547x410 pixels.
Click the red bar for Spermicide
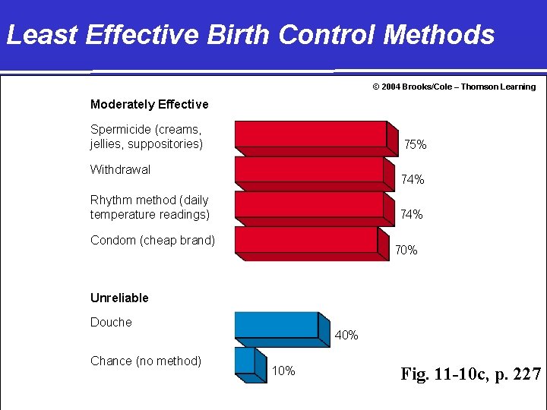311,134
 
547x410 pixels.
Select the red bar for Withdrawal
310,169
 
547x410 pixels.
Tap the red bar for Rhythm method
310,204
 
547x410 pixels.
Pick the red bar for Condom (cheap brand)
307,240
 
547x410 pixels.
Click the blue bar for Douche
277,324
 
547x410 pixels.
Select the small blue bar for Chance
245,360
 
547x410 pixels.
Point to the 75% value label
415,144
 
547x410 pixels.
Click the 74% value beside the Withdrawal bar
413,180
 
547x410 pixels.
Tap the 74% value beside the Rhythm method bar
411,215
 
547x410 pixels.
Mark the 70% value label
406,251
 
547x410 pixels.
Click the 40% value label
346,335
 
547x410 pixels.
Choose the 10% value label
283,371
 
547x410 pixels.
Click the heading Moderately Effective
149,104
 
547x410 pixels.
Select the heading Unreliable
119,298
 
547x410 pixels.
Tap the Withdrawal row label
120,169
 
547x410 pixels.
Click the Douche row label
111,322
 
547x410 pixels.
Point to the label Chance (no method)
146,361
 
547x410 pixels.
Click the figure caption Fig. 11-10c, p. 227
470,374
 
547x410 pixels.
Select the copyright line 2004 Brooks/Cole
454,87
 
